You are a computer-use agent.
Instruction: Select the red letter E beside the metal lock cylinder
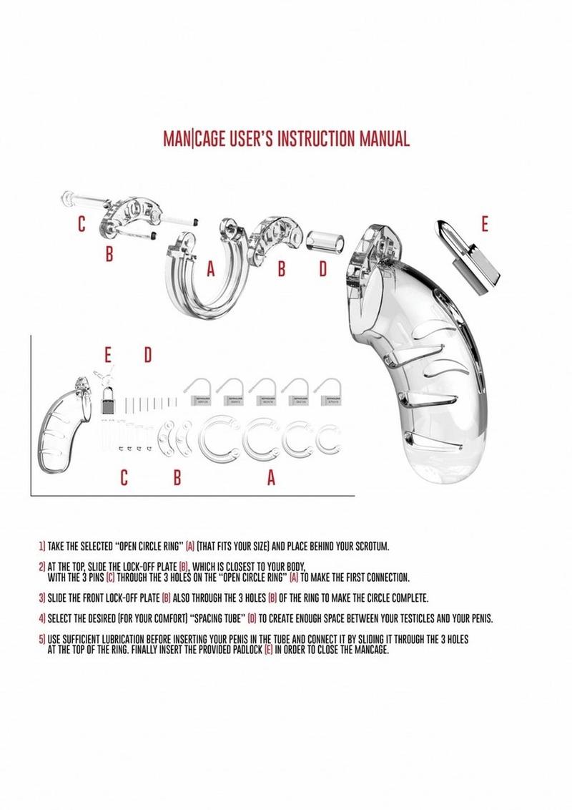point(485,225)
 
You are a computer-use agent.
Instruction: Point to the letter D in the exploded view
point(322,269)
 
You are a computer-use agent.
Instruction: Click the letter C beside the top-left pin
point(82,225)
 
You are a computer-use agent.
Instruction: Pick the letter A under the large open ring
point(210,270)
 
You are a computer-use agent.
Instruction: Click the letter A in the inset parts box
point(271,479)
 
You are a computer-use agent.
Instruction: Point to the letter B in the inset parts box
point(177,479)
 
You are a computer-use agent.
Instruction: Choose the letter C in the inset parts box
point(124,479)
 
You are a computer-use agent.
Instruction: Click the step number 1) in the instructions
point(42,547)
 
